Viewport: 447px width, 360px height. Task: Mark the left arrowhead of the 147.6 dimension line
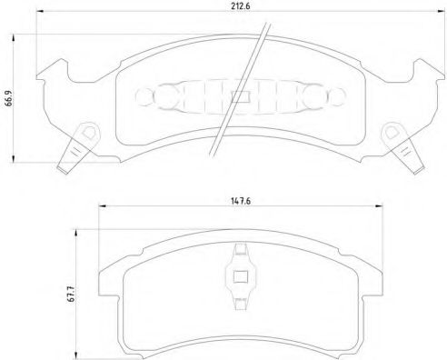99,207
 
